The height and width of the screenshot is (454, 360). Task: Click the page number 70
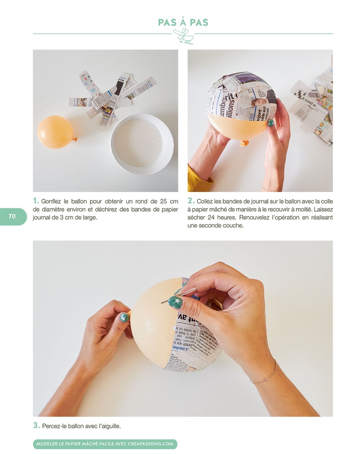(12, 216)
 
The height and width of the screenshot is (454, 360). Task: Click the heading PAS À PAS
(183, 22)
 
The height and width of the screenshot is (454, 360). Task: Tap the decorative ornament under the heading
(183, 36)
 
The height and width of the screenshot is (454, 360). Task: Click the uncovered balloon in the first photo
(55, 132)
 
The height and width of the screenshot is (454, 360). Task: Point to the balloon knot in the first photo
(75, 139)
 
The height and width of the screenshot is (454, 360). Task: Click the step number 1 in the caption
(35, 201)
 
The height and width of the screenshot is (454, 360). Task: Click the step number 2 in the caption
(191, 201)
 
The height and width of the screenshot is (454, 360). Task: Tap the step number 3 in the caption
(36, 426)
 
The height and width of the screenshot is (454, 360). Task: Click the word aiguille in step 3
(110, 426)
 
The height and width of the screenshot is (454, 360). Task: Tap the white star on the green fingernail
(177, 302)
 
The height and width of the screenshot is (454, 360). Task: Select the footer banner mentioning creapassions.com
(105, 444)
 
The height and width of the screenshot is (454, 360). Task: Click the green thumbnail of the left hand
(125, 317)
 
